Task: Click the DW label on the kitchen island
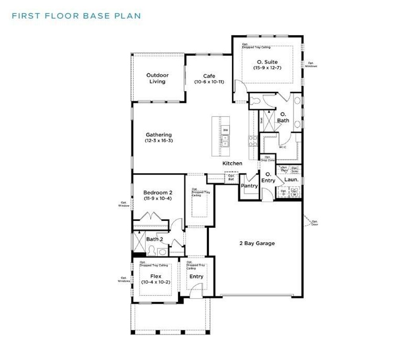225,130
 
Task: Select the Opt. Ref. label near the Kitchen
231,178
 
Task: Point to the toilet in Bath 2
151,250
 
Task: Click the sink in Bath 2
162,252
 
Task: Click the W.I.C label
283,147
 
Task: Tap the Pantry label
249,186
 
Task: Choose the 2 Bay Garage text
257,243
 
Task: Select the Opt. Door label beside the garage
314,223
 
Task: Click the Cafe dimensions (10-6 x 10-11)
209,82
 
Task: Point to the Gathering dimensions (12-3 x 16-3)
159,141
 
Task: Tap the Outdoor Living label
157,78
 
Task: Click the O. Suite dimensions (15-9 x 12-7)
267,68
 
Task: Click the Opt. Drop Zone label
267,158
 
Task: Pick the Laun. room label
291,180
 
